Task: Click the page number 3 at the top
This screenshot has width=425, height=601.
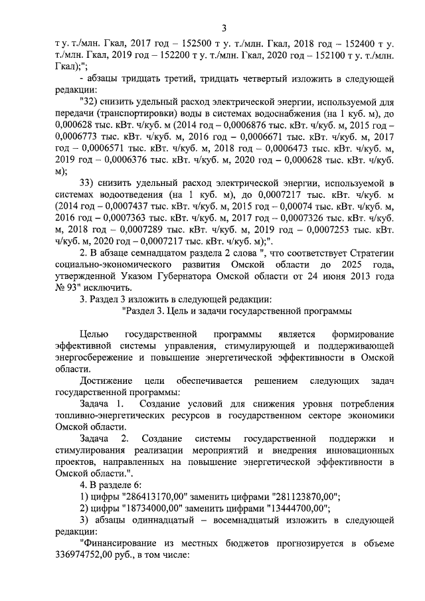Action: click(224, 28)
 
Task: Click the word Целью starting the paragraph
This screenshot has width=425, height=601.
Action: click(93, 334)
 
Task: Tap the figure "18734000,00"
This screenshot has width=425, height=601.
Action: click(147, 508)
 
